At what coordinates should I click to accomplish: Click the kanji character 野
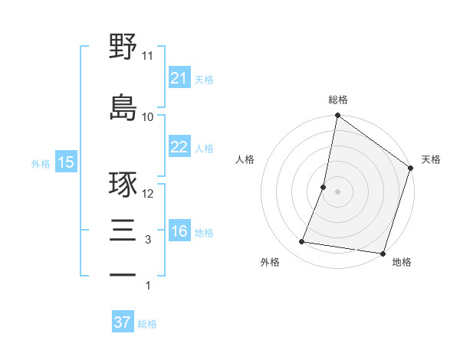pyautogui.click(x=123, y=47)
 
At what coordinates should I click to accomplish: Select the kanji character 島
pyautogui.click(x=123, y=107)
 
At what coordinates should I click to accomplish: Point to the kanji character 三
pyautogui.click(x=123, y=232)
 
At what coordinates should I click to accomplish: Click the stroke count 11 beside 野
pyautogui.click(x=148, y=56)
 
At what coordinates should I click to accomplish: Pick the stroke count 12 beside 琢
pyautogui.click(x=148, y=194)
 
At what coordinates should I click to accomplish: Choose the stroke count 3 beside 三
pyautogui.click(x=148, y=241)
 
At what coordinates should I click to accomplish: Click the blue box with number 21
pyautogui.click(x=179, y=78)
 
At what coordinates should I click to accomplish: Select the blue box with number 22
pyautogui.click(x=179, y=147)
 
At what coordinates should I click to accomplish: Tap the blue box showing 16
pyautogui.click(x=179, y=231)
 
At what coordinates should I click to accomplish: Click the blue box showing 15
pyautogui.click(x=65, y=162)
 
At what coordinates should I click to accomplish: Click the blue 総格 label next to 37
pyautogui.click(x=147, y=324)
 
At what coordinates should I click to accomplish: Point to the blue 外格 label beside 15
pyautogui.click(x=41, y=163)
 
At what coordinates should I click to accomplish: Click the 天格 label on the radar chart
pyautogui.click(x=431, y=159)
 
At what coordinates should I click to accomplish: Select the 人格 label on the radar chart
pyautogui.click(x=245, y=159)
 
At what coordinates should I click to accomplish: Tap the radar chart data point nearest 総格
pyautogui.click(x=337, y=116)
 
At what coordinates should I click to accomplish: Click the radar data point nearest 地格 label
pyautogui.click(x=382, y=253)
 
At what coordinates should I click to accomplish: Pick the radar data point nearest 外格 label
pyautogui.click(x=302, y=242)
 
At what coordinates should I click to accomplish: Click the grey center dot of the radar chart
pyautogui.click(x=337, y=191)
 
